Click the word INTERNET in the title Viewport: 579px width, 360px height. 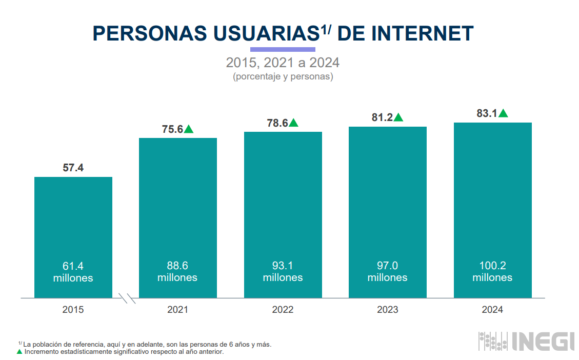coord(422,33)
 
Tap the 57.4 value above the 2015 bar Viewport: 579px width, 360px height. coord(73,168)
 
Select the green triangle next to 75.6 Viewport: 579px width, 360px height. coord(189,129)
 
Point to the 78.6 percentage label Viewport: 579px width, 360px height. coord(277,123)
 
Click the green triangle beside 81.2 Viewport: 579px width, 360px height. coord(398,117)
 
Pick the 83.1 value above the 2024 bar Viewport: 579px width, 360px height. coord(487,113)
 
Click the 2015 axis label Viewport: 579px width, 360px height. coord(73,310)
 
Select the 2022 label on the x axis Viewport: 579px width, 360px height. coord(283,310)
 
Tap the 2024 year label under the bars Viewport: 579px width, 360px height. coord(492,310)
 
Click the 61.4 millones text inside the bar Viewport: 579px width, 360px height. coord(73,272)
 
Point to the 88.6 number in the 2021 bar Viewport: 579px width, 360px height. coord(177,266)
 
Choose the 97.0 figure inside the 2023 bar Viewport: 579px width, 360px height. coord(387,266)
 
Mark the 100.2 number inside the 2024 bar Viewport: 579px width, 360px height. coord(492,266)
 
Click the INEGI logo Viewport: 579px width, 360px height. coord(527,342)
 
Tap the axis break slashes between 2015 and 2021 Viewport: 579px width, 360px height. coord(127,298)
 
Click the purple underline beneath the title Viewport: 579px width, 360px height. coord(283,49)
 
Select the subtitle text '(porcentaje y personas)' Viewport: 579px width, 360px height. coord(283,77)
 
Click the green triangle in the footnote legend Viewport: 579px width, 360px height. coord(19,352)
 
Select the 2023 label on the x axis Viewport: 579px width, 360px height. coord(387,310)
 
